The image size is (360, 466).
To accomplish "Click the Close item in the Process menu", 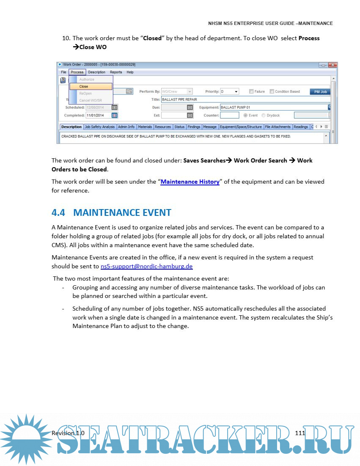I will (91, 86).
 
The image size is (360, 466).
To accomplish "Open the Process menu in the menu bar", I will (77, 72).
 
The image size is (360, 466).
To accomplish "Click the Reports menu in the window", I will (116, 72).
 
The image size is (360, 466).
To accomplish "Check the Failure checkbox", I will (251, 91).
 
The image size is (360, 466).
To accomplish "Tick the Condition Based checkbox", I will (272, 91).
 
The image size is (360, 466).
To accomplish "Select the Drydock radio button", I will (264, 115).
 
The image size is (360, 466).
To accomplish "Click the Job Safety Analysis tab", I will (99, 127).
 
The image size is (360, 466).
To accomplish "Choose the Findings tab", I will (194, 127).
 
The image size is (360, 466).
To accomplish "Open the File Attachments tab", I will (278, 127).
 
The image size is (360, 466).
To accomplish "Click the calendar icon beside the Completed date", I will (114, 115).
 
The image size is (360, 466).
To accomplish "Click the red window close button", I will (332, 65).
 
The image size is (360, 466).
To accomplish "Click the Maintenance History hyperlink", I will (190, 182).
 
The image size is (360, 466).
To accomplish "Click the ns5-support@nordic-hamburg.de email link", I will (146, 267).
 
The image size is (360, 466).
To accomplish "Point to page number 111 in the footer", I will (300, 433).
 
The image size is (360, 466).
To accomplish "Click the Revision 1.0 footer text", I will (68, 433).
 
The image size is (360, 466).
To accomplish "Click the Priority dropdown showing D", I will (229, 91).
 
